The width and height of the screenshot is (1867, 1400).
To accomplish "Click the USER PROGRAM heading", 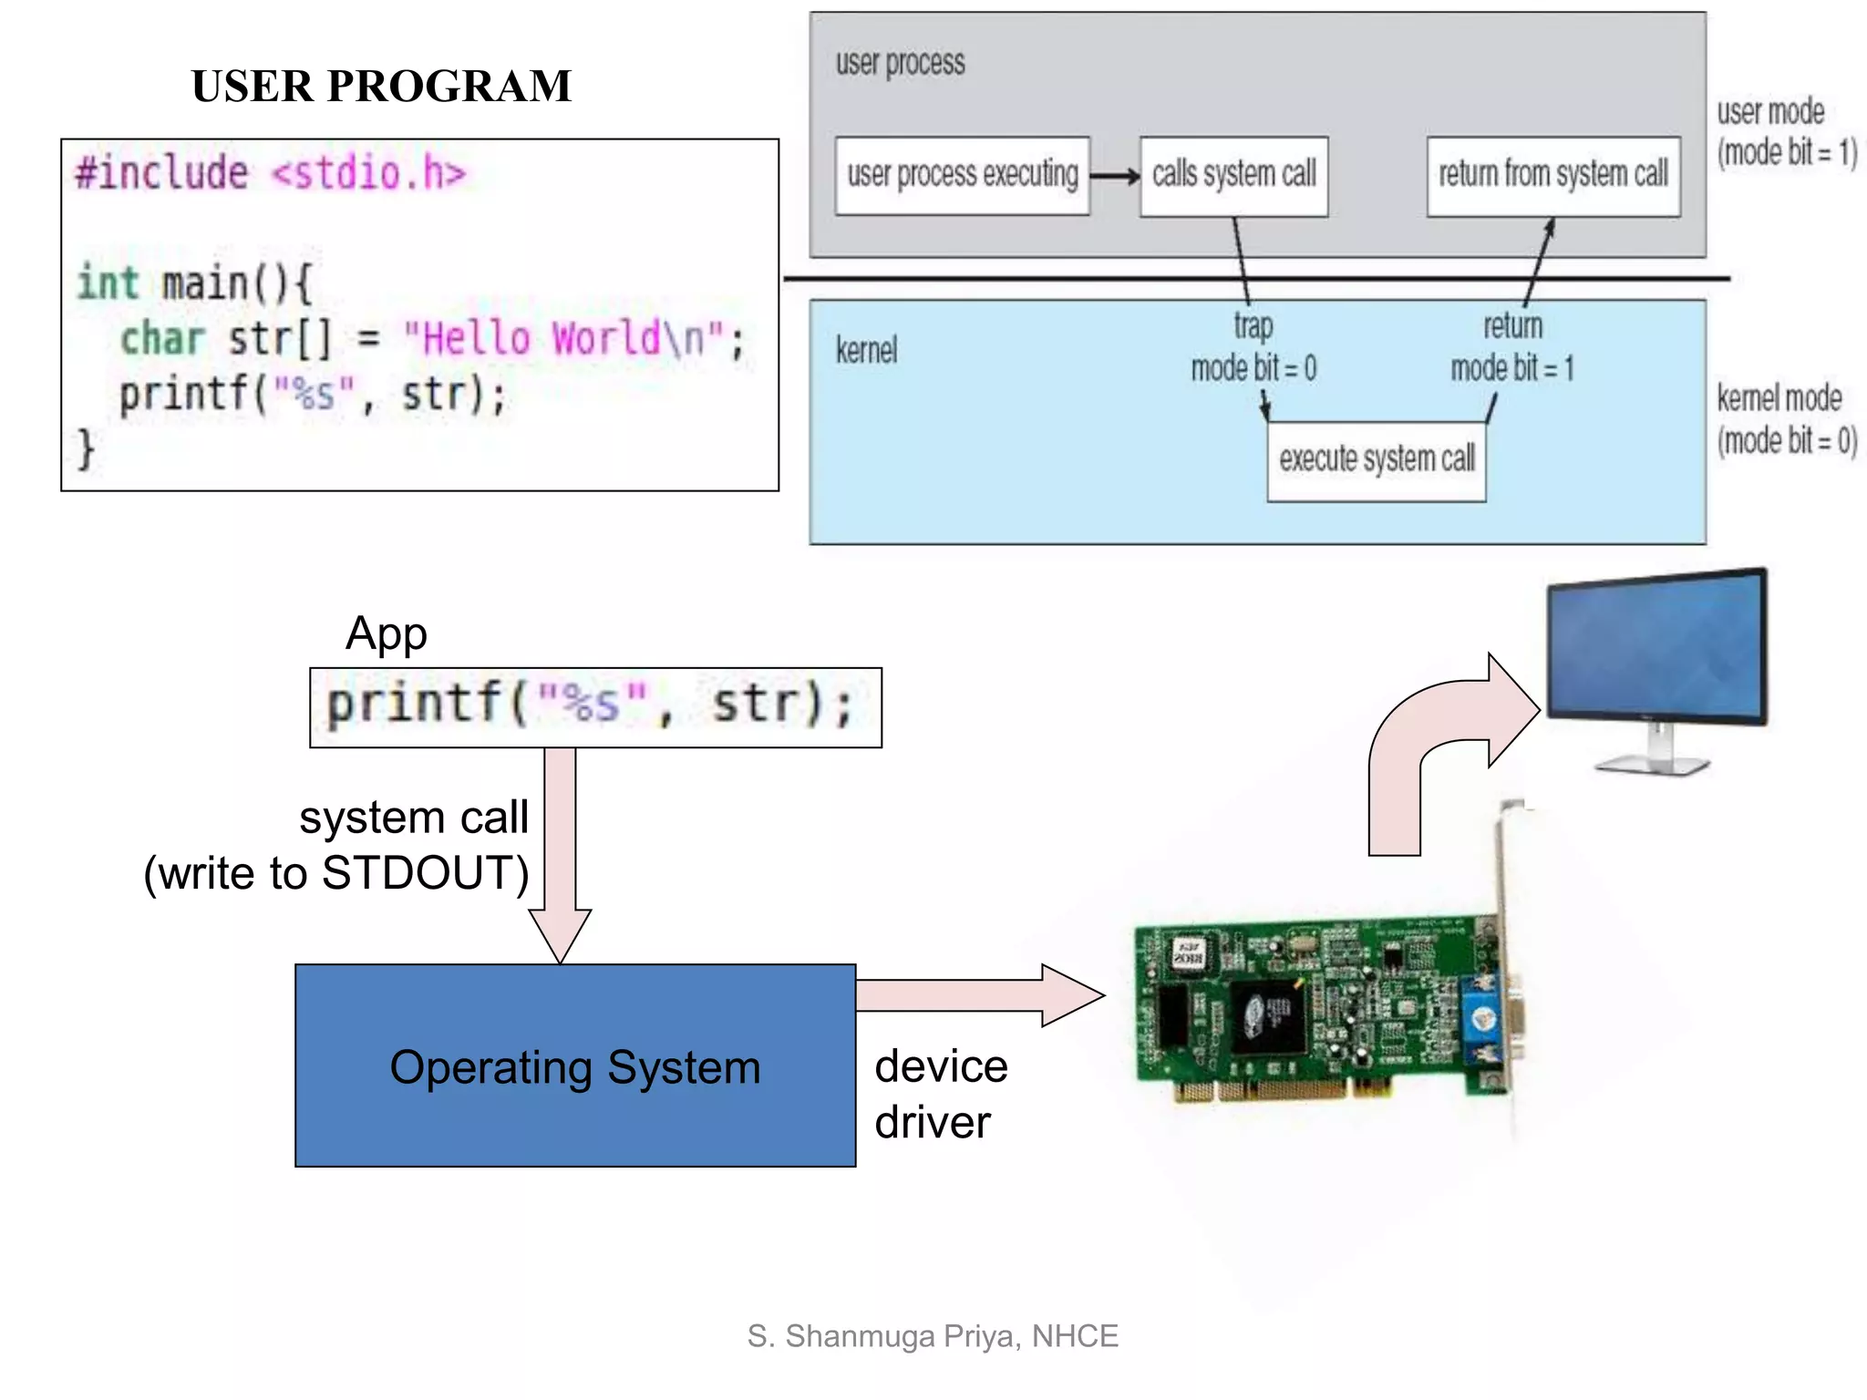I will [x=381, y=87].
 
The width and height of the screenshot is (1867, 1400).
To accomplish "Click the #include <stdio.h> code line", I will [x=270, y=173].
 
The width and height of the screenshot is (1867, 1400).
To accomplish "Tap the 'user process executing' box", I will [x=962, y=175].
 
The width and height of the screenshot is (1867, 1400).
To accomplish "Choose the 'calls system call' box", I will [x=1233, y=175].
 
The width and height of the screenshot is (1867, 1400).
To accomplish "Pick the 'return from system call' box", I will [x=1552, y=175].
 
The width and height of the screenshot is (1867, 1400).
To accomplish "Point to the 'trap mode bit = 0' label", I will [x=1253, y=348].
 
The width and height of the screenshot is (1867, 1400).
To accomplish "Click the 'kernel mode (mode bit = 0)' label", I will [x=1785, y=419].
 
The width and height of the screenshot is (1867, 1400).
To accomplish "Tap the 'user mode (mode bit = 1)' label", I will [x=1785, y=133].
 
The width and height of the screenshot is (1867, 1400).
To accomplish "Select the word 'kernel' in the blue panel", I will [x=866, y=350].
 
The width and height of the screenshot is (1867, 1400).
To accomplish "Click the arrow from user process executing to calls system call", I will [x=1114, y=176].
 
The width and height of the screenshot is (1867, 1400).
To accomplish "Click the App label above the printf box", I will [x=386, y=633].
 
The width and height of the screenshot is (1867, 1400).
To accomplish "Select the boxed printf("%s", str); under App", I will [x=594, y=707].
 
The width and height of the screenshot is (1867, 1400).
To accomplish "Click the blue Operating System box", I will [x=574, y=1065].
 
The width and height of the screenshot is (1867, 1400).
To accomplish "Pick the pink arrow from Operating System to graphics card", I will [x=980, y=995].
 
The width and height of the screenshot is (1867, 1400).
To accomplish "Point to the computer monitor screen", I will [x=1655, y=647].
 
